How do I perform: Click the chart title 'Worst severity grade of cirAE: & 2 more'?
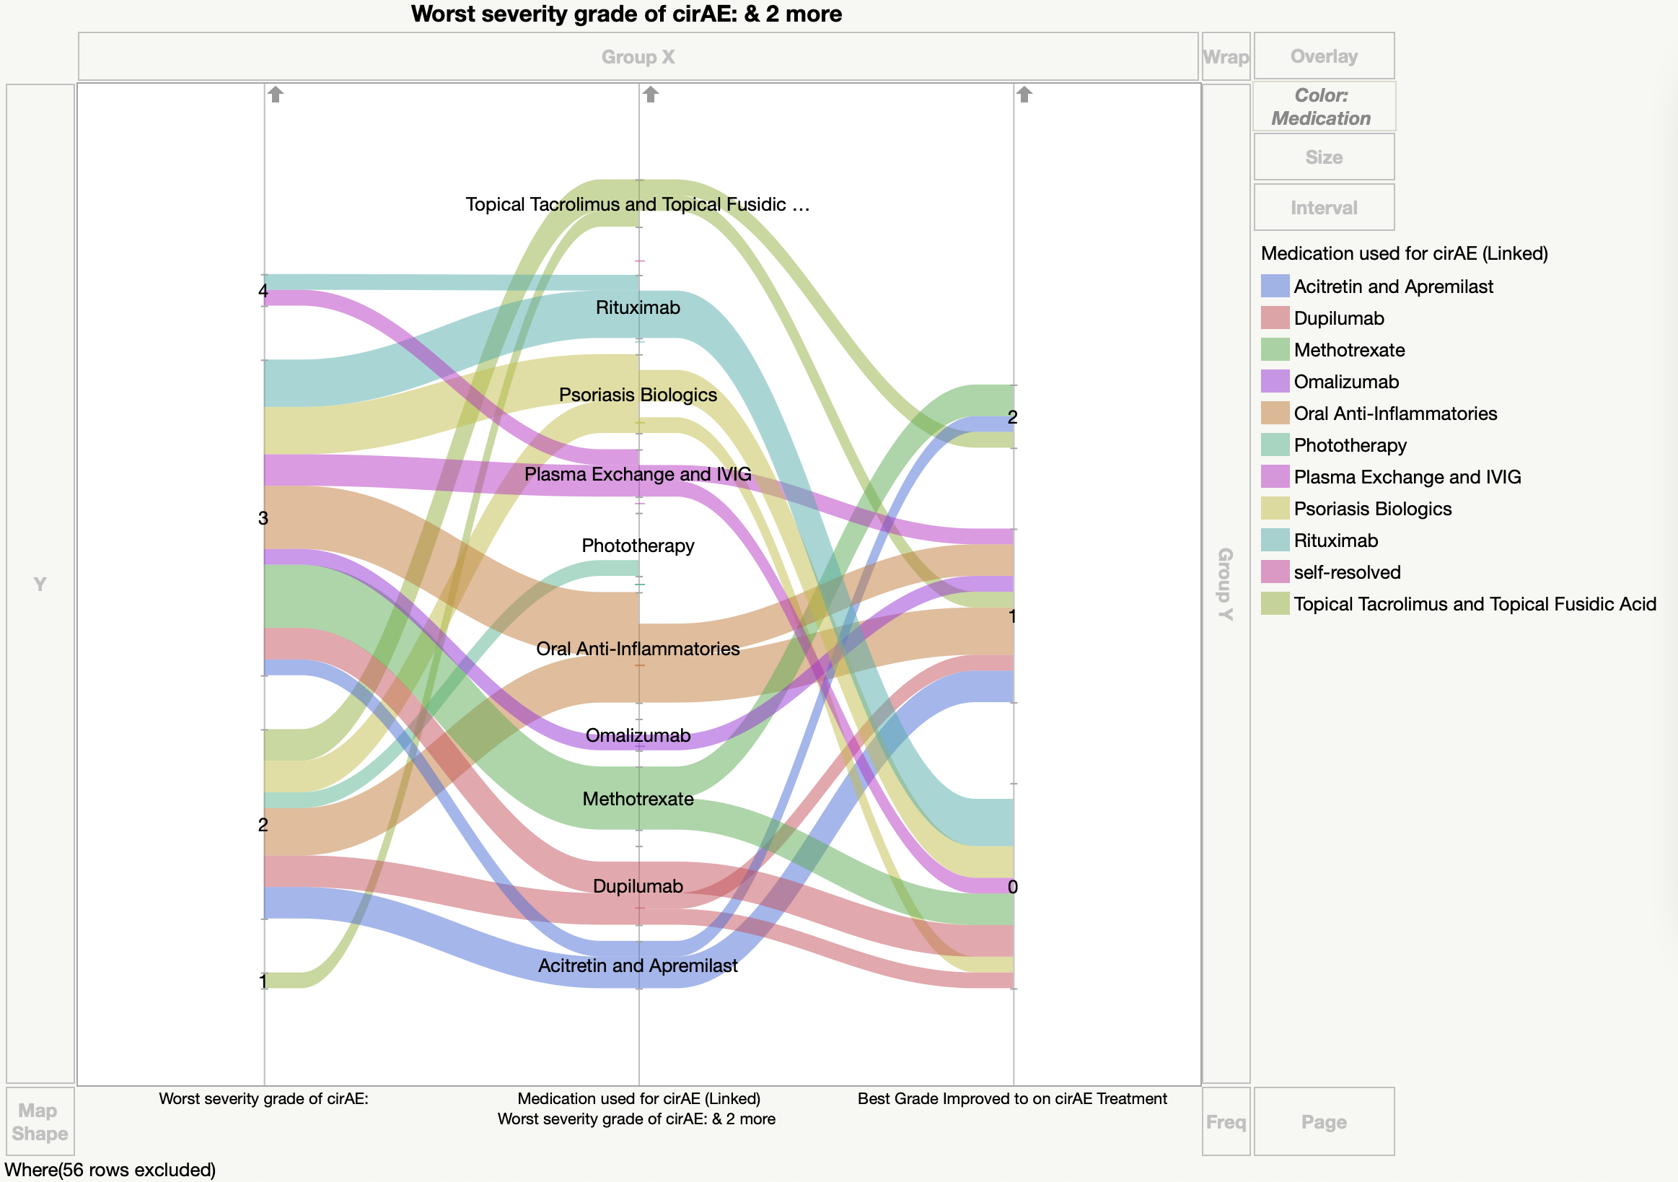[625, 14]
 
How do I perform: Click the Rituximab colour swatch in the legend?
[1275, 540]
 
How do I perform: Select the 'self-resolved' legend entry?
[1346, 572]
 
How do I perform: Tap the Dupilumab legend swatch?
[1275, 318]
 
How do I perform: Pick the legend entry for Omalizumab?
[1345, 382]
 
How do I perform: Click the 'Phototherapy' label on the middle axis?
[637, 546]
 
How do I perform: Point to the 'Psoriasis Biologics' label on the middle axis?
[637, 395]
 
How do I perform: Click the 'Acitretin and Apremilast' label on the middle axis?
[637, 966]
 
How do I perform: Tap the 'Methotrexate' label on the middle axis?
[637, 799]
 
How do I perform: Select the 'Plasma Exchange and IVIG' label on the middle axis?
[637, 474]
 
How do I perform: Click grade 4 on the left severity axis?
[263, 291]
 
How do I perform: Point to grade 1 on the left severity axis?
[263, 981]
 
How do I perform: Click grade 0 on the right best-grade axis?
[1012, 887]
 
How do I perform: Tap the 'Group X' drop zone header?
[637, 56]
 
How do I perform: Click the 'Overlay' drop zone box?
[1324, 56]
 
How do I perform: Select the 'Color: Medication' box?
[1324, 107]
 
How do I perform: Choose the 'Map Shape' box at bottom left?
[40, 1121]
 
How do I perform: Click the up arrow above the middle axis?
[651, 95]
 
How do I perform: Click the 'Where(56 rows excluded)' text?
[110, 1170]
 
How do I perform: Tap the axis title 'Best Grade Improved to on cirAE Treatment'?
[1012, 1099]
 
